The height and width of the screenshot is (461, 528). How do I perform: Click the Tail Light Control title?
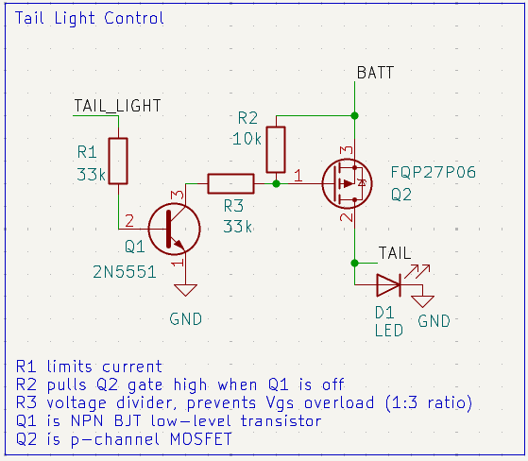click(x=90, y=18)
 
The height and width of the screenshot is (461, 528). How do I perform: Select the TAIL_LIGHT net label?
click(x=117, y=106)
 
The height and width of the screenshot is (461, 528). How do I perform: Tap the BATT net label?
click(x=375, y=73)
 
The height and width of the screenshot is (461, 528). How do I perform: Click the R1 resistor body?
click(x=118, y=161)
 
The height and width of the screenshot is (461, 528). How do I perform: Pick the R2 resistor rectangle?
click(x=276, y=150)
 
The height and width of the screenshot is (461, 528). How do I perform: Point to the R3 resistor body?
click(x=230, y=183)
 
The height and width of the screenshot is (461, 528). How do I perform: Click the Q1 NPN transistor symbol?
click(x=174, y=229)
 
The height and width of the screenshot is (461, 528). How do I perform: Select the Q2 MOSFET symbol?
click(x=348, y=184)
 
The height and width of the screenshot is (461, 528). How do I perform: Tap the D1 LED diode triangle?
click(x=388, y=285)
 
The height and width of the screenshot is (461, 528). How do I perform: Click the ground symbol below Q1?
click(x=185, y=290)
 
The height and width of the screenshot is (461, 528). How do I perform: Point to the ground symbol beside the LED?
click(x=422, y=301)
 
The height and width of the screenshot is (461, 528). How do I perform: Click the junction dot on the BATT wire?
click(x=354, y=115)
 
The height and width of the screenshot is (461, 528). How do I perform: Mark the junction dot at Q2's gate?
click(x=276, y=184)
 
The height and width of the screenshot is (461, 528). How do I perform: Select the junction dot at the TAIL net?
click(x=354, y=263)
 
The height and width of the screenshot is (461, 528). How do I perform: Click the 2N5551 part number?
click(x=125, y=272)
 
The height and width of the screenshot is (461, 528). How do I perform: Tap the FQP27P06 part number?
click(x=433, y=173)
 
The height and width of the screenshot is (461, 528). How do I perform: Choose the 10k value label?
click(x=247, y=139)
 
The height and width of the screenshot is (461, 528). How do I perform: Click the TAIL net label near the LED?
click(x=395, y=253)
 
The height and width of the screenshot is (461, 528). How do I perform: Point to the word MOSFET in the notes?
click(x=201, y=439)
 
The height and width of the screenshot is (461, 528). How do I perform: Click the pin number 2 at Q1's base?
click(x=129, y=221)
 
